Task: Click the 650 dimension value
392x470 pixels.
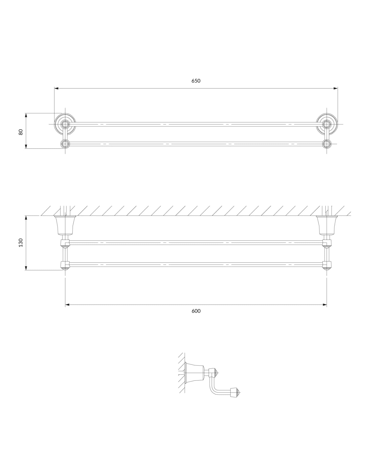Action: (196, 81)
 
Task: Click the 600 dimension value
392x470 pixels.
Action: (196, 311)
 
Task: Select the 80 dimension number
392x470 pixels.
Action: (21, 132)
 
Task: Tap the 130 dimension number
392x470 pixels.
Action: (21, 243)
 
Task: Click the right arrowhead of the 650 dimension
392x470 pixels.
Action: (336, 88)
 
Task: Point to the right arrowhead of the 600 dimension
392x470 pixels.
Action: (325, 305)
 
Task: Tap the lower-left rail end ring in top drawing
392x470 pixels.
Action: (65, 144)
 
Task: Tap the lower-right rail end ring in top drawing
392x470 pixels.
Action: (327, 144)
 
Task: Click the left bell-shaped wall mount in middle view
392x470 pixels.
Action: (65, 225)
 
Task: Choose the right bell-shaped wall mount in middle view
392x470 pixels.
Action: (327, 225)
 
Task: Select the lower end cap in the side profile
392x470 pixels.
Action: (234, 393)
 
